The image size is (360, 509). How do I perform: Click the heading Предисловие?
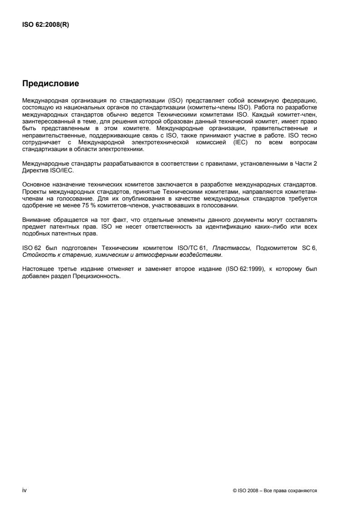pos(51,83)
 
